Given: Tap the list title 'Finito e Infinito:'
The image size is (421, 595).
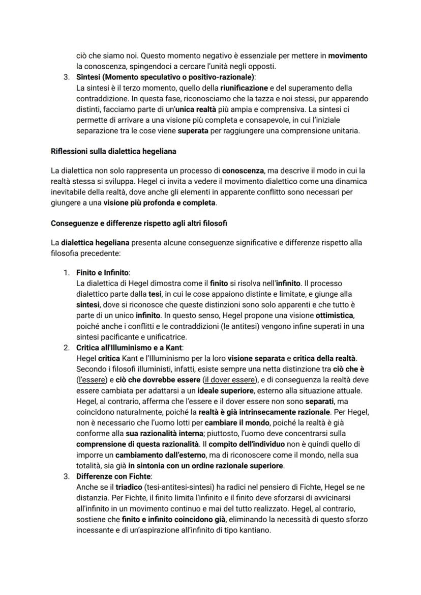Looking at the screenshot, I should coord(103,273).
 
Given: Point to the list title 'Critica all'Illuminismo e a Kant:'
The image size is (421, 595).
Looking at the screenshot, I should coord(129,348).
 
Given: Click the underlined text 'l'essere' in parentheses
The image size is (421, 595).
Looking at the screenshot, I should coord(89,380).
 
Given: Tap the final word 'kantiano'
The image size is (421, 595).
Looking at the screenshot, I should coord(256,530).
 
